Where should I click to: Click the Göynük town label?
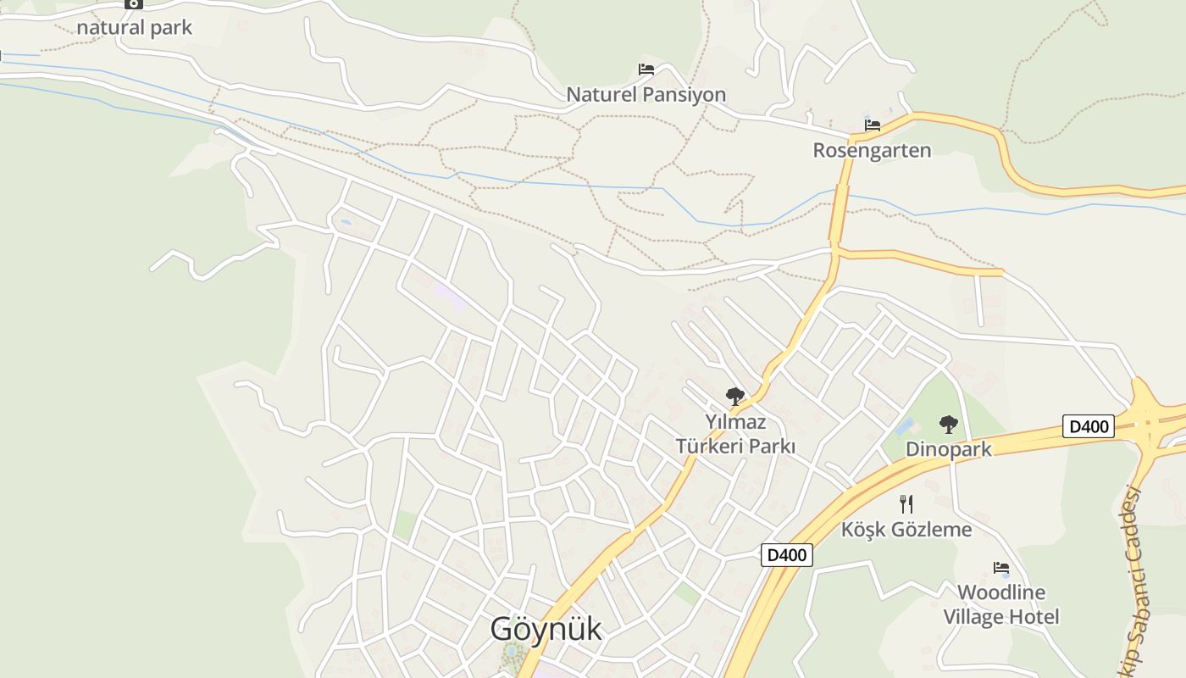[546, 629]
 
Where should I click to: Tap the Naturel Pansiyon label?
[646, 94]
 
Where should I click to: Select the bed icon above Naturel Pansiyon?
[646, 69]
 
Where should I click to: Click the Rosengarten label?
[872, 150]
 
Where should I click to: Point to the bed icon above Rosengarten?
[872, 125]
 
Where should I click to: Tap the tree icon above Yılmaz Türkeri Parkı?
[734, 396]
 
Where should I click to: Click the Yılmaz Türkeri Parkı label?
[735, 433]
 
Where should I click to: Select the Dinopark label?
[948, 449]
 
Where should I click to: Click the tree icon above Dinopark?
[948, 424]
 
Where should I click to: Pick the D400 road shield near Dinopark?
[1089, 426]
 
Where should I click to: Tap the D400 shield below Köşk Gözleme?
[787, 555]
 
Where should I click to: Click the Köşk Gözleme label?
[906, 530]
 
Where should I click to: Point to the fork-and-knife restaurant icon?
[906, 504]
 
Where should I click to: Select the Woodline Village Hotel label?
[1001, 604]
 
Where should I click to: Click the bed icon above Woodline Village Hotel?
[1001, 567]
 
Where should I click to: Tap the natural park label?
[135, 27]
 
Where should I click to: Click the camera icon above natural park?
[133, 3]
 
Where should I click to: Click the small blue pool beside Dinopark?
[905, 425]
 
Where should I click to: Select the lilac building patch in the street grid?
[449, 297]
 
